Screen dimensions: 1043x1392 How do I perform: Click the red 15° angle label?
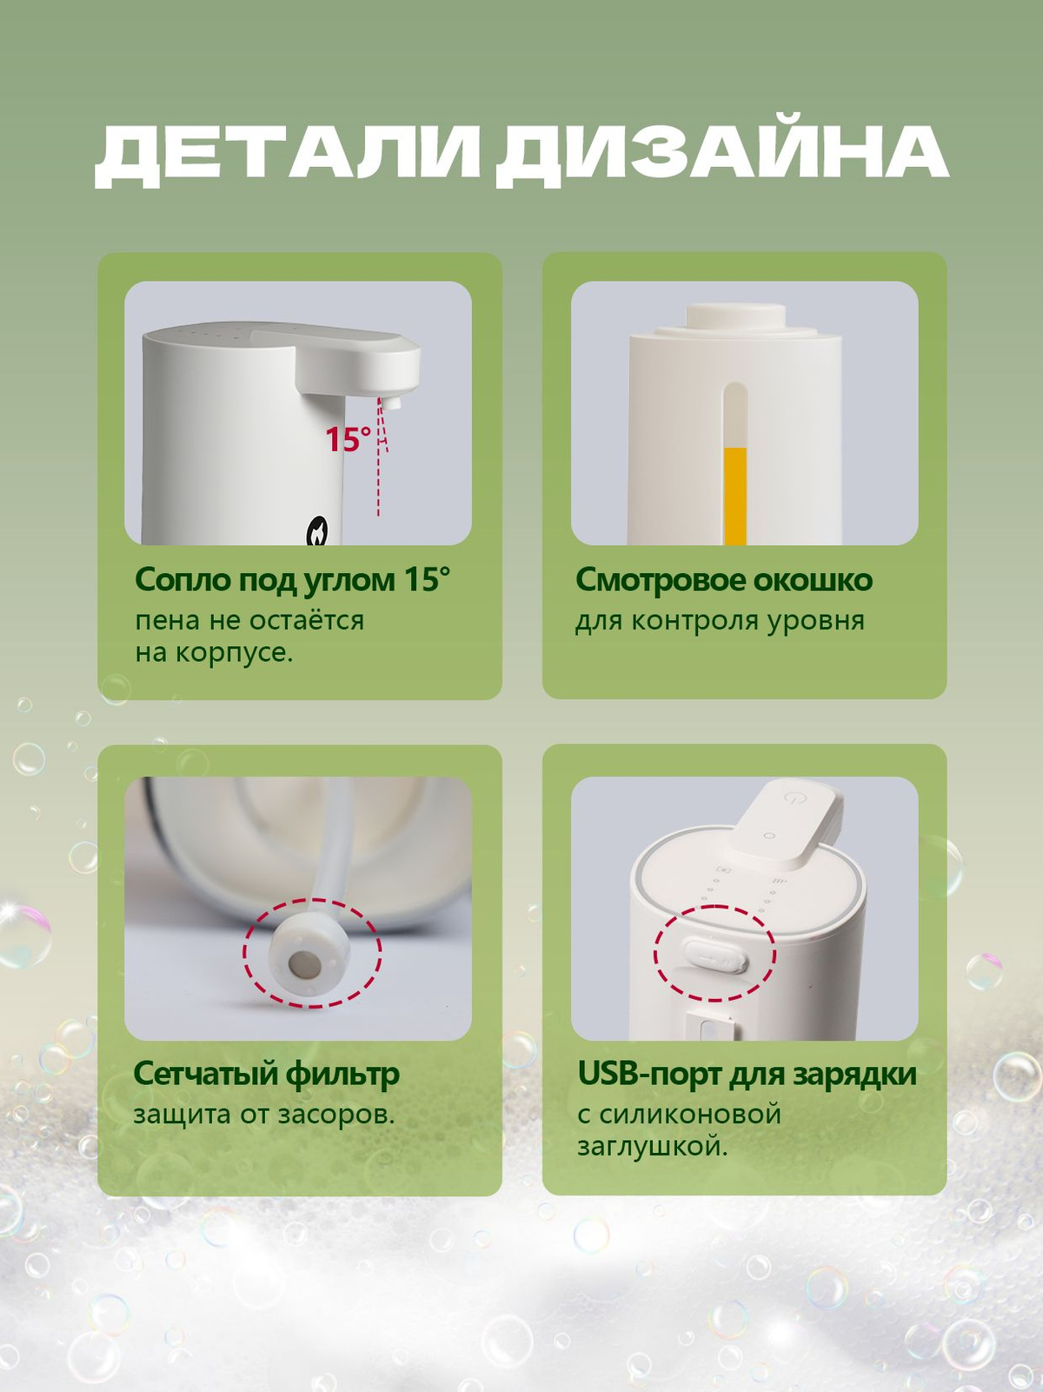(x=348, y=439)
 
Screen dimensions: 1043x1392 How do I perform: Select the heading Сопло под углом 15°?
(x=293, y=580)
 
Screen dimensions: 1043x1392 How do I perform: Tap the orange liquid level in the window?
(x=735, y=496)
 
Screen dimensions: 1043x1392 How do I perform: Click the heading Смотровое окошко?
(x=724, y=580)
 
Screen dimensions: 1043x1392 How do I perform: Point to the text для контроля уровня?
(x=720, y=621)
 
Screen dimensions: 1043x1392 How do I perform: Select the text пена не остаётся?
(x=249, y=620)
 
